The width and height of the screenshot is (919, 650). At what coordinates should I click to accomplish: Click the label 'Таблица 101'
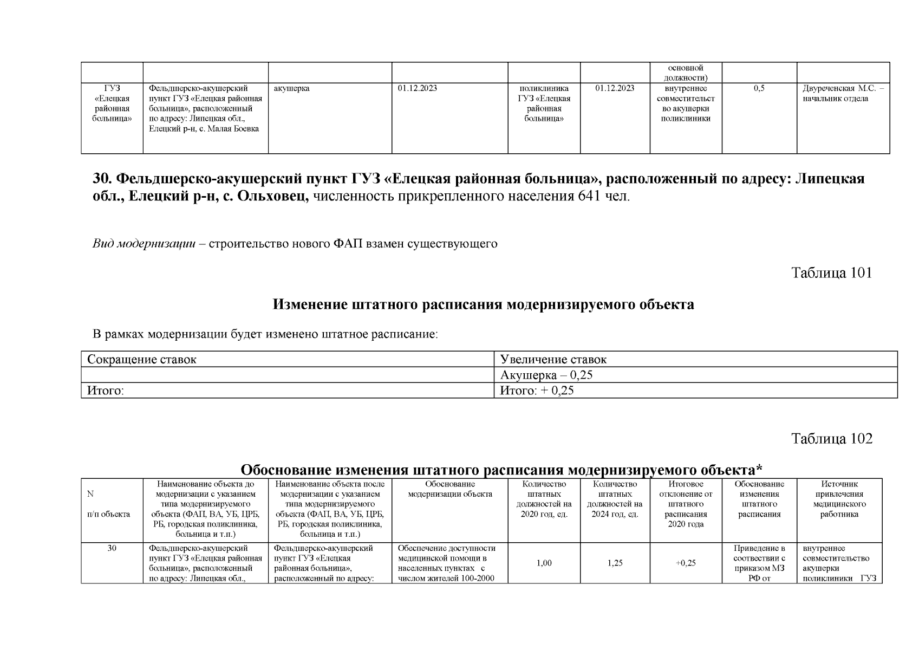831,272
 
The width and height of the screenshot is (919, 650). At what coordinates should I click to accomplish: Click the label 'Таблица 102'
831,438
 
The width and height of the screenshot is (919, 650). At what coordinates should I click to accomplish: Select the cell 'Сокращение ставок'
142,359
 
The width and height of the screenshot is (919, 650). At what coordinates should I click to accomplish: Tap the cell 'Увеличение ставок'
553,359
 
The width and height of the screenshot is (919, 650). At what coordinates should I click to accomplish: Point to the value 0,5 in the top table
759,88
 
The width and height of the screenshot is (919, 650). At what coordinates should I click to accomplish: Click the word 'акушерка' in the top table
291,88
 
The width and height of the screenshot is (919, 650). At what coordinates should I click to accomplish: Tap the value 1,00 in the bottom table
544,563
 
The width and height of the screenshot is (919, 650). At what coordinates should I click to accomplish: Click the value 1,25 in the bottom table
615,563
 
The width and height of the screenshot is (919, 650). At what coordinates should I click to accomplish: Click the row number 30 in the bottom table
112,548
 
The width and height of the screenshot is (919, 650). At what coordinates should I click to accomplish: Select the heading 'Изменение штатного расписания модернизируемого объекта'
483,304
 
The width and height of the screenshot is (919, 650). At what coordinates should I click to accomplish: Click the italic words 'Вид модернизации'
144,244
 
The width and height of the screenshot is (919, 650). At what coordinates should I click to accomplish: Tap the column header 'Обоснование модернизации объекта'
449,489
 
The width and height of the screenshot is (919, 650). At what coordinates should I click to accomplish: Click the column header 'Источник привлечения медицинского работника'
839,499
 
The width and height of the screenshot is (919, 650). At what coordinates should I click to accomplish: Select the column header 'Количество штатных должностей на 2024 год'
615,499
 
